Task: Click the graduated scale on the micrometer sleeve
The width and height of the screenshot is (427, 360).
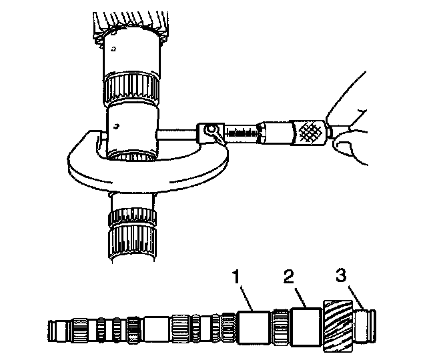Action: pos(242,133)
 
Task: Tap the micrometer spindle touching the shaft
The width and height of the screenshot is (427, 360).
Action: pos(177,133)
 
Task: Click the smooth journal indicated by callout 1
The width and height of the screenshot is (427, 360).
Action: pos(254,327)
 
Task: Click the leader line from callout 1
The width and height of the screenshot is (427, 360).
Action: pos(243,297)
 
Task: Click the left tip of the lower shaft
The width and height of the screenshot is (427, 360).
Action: pos(51,329)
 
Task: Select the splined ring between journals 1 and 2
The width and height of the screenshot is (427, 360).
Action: pos(280,327)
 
